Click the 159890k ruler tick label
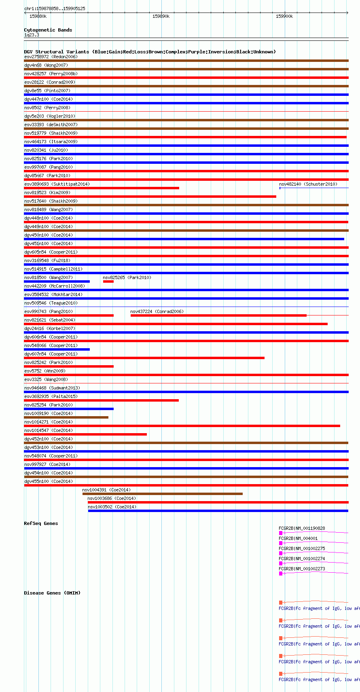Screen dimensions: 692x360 [161, 16]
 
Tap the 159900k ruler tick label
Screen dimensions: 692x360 [284, 16]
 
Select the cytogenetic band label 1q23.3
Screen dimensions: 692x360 [32, 35]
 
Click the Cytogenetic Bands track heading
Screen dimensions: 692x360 [48, 30]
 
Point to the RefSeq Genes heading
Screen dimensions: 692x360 [41, 523]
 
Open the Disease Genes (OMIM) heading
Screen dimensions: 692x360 [52, 593]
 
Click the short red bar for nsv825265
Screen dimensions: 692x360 [108, 281]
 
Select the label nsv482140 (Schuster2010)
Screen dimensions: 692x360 [308, 184]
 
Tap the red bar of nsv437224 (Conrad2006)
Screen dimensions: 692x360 [218, 315]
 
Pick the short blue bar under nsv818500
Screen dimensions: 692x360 [57, 281]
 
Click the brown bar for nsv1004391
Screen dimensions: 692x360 [163, 494]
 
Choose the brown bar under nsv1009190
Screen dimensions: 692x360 [66, 417]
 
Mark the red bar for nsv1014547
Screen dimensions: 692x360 [85, 434]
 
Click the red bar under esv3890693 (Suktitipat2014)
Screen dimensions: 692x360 [102, 188]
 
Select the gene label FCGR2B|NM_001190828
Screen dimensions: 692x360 [302, 528]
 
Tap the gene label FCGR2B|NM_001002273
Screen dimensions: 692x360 [302, 569]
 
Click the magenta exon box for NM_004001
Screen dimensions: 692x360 [281, 543]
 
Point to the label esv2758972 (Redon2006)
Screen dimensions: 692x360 [51, 57]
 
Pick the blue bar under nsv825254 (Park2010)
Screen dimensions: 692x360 [69, 409]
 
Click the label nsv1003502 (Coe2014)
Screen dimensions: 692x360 [112, 507]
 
